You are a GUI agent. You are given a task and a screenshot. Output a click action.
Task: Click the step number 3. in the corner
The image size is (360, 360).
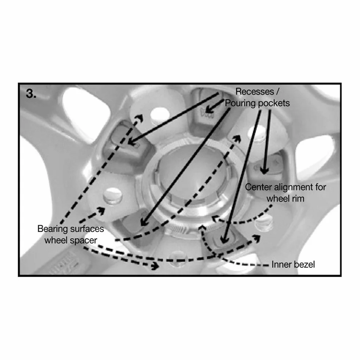31,94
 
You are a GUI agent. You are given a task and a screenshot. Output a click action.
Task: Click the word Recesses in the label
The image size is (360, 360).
255,91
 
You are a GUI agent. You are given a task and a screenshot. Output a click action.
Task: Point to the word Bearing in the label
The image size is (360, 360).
53,229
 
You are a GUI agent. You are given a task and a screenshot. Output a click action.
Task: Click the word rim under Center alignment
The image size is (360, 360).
298,199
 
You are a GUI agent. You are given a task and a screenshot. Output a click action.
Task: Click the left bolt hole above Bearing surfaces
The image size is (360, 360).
113,195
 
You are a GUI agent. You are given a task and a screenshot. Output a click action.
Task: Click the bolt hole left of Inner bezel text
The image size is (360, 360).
264,222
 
